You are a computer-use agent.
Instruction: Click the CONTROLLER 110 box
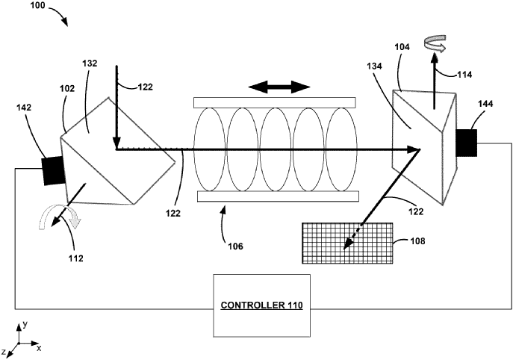(258, 305)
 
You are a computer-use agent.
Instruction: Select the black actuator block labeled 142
(55, 170)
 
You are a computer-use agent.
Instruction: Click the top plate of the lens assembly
(276, 102)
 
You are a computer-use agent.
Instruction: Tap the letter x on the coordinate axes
(39, 349)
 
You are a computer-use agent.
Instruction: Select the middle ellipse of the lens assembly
(276, 149)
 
